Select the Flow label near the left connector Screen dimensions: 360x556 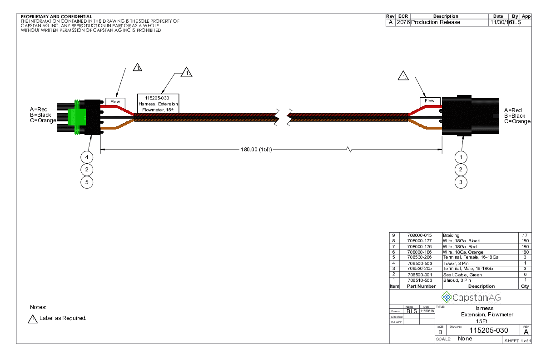[115, 101]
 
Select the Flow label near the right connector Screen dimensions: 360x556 [429, 101]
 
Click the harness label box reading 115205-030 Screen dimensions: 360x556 [158, 103]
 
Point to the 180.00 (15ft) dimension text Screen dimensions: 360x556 [256, 150]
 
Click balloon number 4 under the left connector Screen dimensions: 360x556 [87, 157]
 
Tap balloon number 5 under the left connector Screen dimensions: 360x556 [87, 182]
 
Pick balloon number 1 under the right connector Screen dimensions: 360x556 [461, 157]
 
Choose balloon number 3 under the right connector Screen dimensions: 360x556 [461, 182]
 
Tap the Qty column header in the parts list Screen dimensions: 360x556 [525, 286]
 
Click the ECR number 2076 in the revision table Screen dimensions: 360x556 [403, 22]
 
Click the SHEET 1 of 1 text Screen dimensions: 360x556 [517, 341]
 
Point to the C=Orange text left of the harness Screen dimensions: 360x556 [43, 120]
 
